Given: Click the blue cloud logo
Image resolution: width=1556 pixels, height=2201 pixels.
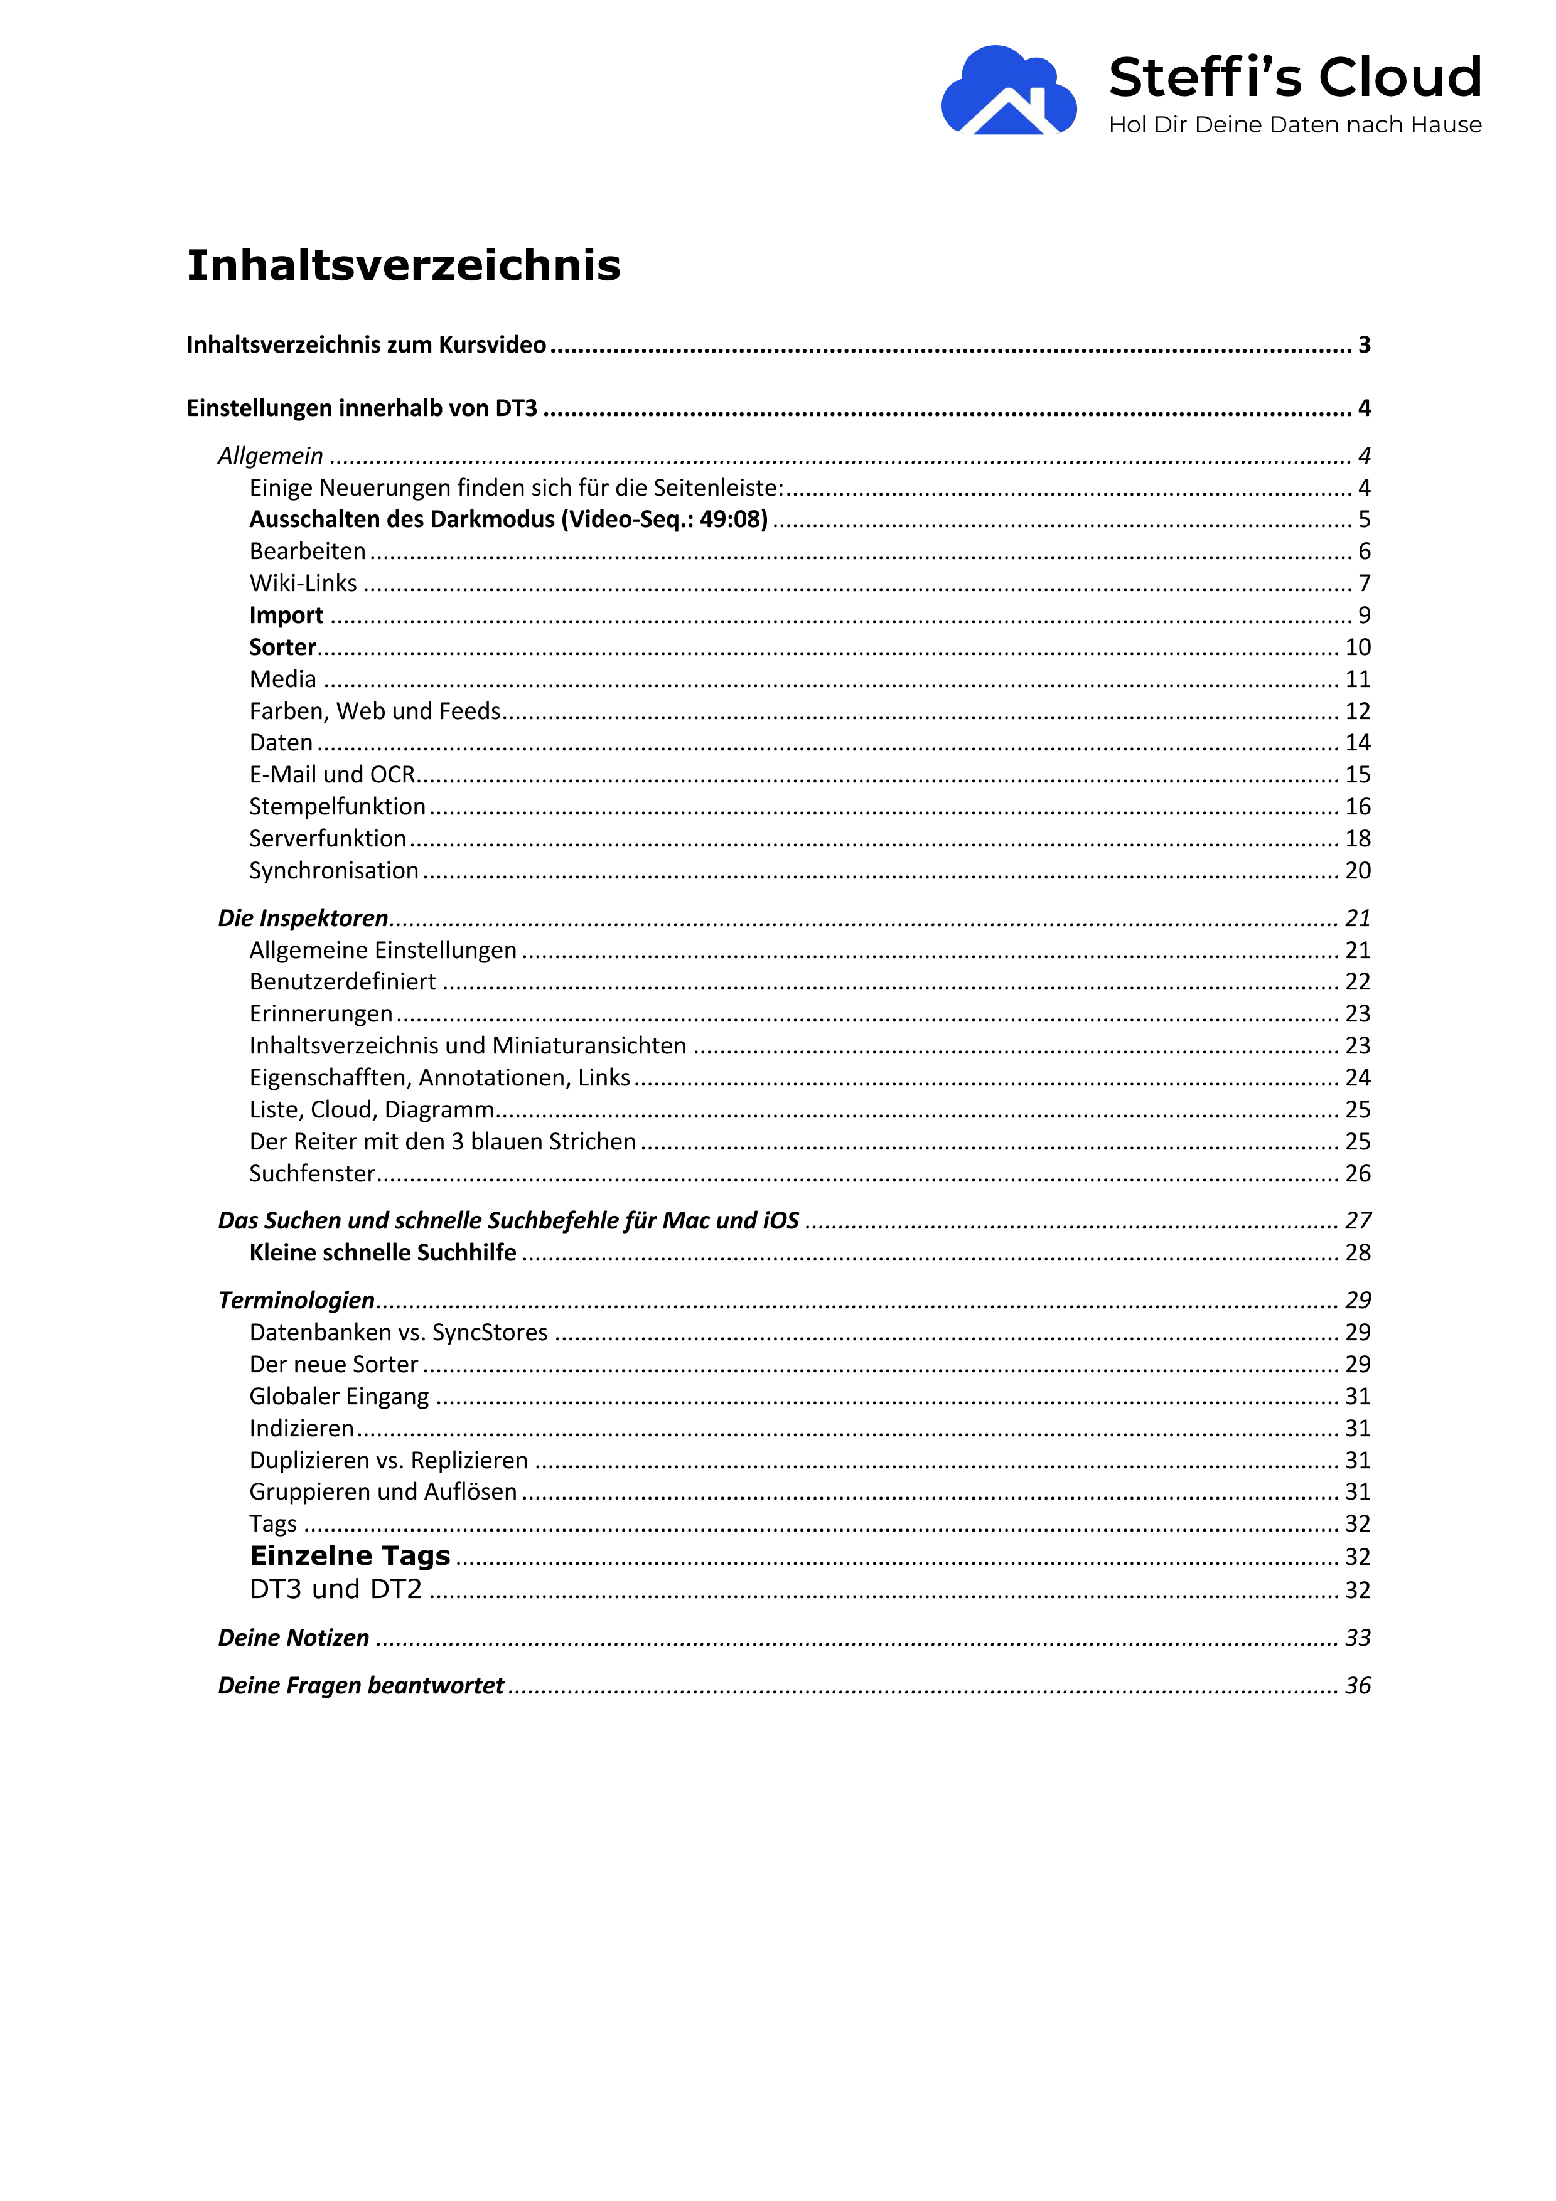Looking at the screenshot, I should (1007, 91).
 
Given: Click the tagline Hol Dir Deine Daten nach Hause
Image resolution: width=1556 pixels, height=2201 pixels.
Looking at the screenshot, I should (1294, 125).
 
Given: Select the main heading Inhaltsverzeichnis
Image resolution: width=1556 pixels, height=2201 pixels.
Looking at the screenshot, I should (404, 265).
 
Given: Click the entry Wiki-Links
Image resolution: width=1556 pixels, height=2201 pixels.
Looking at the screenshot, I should (303, 583).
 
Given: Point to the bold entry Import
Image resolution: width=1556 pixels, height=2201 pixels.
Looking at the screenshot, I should (286, 616).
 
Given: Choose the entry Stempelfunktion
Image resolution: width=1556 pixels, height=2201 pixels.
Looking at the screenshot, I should (336, 806).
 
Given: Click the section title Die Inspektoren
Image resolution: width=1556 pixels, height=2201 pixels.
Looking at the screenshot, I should (303, 919).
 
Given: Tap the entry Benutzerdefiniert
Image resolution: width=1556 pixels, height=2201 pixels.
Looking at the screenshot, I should (342, 982).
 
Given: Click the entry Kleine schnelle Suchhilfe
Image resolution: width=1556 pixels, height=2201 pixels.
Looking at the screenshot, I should (382, 1253).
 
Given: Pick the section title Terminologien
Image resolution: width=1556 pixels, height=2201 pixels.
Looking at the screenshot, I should (296, 1301).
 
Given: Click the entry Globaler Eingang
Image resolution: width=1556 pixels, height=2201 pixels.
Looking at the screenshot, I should (338, 1397).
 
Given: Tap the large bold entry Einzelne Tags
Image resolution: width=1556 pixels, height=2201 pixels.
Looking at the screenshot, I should (350, 1556).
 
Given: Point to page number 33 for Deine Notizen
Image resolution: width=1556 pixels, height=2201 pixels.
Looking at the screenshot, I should (1358, 1638).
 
